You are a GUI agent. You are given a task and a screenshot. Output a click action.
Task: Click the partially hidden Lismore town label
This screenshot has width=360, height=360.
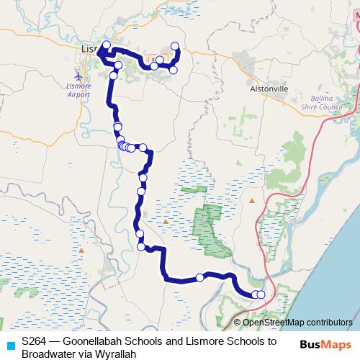[88, 49]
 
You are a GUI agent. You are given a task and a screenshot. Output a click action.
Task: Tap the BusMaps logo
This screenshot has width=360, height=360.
[326, 343]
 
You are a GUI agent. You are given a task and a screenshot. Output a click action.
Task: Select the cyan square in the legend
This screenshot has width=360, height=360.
[9, 343]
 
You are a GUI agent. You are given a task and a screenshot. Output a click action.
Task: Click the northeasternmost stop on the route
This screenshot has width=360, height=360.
[175, 47]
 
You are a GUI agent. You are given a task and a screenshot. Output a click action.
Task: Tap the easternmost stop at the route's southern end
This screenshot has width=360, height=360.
[261, 294]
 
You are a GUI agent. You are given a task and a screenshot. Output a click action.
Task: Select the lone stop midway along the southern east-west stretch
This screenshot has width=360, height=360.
[199, 278]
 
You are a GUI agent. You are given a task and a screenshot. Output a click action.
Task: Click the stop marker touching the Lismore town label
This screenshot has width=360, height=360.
[106, 45]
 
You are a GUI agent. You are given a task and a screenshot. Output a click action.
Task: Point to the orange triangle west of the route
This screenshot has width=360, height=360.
[82, 250]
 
